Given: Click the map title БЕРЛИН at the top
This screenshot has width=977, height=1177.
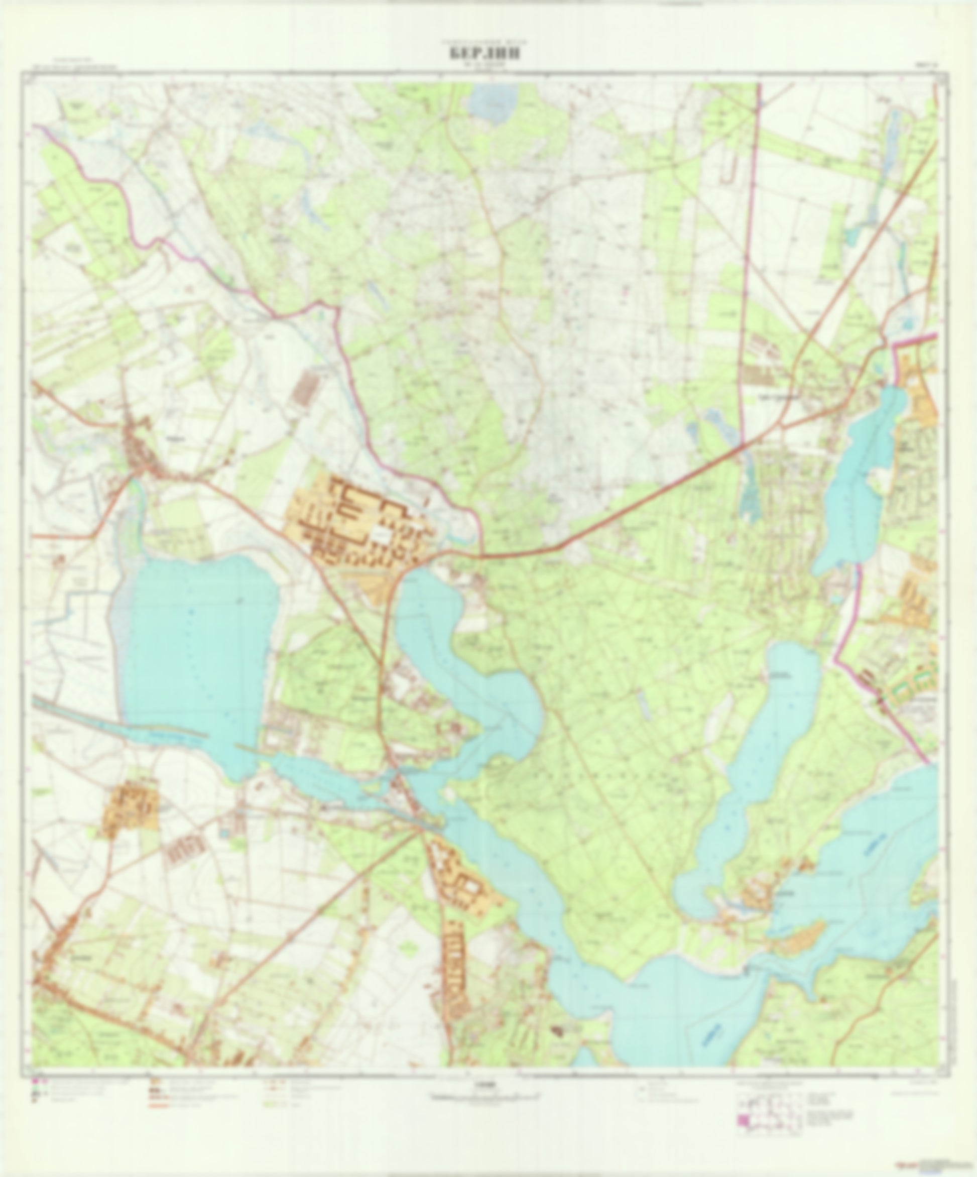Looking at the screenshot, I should tap(482, 54).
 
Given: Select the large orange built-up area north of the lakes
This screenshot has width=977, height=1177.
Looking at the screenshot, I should tap(353, 521).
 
